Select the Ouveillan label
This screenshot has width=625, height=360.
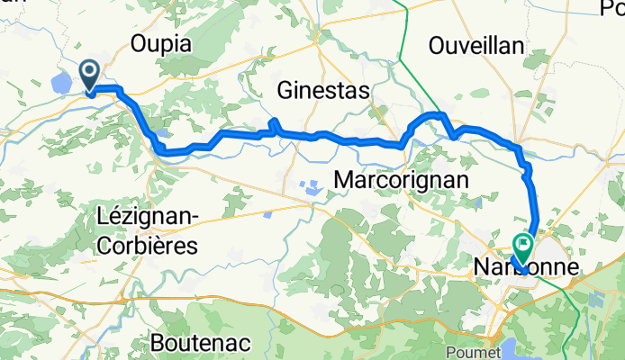(477, 43)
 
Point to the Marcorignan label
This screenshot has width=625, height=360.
(401, 181)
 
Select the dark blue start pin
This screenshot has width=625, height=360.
(91, 73)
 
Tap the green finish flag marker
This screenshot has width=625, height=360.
(523, 243)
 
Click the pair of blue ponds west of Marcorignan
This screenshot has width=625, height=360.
(311, 189)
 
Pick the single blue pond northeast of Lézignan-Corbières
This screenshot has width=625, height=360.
(268, 215)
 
